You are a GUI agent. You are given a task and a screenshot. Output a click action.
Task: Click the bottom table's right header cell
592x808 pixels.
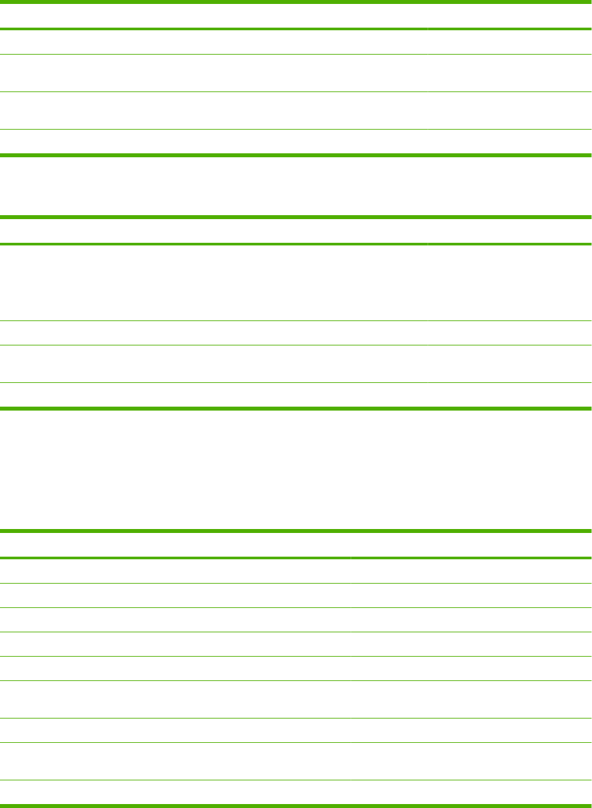pos(471,545)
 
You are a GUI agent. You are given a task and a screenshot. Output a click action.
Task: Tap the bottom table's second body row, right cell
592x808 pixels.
pos(471,595)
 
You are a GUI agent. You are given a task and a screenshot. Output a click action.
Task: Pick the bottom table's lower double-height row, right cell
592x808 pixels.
pos(471,761)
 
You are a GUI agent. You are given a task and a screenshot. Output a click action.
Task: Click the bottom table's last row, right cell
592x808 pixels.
pos(471,792)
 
